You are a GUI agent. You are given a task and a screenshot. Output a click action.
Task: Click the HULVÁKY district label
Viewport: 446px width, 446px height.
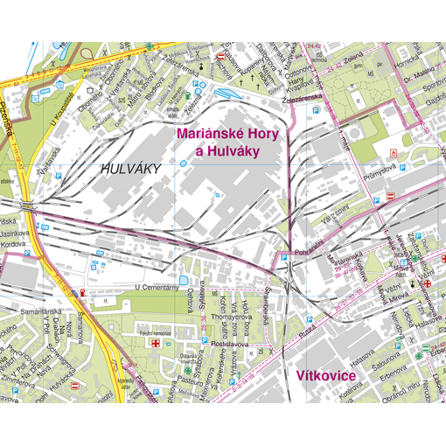(131, 169)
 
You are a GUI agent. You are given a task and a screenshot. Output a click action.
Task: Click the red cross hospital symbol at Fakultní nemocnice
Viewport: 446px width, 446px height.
(157, 344)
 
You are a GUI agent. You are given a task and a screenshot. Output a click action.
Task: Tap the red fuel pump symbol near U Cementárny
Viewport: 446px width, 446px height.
(82, 292)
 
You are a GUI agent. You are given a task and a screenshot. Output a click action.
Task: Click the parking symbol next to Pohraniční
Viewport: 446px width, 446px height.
(283, 257)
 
